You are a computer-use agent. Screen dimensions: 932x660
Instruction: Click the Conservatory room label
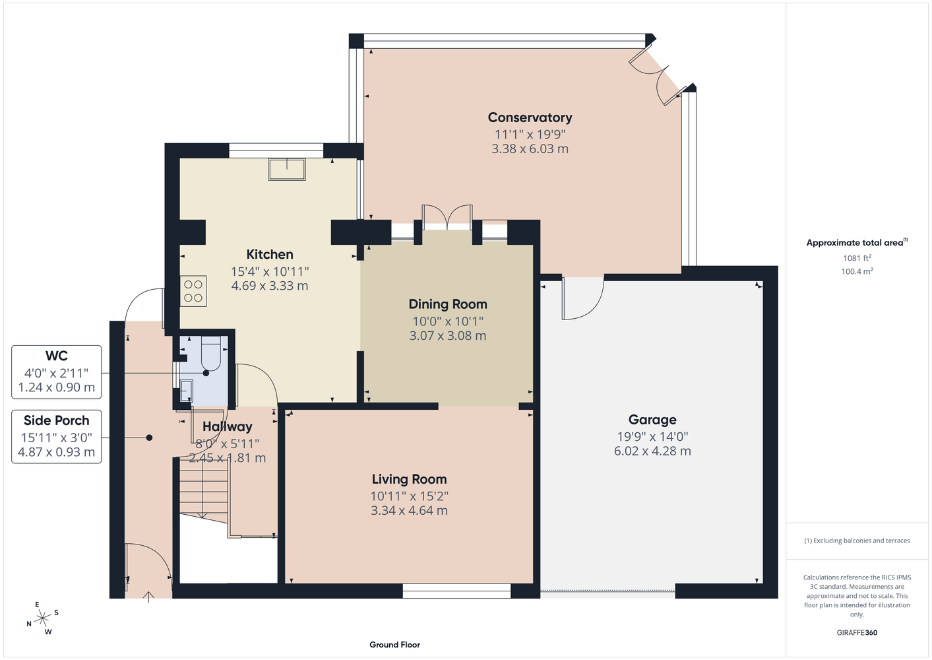pos(530,117)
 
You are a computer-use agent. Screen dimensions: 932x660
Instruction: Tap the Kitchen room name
pos(270,254)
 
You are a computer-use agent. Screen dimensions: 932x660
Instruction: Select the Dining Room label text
pos(448,304)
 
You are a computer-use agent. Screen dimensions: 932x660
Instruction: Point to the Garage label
pos(652,419)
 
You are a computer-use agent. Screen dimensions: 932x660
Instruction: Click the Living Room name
pos(410,479)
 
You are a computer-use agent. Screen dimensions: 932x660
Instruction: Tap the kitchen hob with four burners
pos(193,291)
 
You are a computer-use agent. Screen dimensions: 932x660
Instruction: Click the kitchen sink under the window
pos(287,169)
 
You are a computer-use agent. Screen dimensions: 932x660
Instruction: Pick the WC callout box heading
pos(57,356)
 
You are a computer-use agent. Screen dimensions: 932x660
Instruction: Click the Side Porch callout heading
pos(57,420)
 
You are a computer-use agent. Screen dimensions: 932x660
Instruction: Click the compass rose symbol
pos(42,618)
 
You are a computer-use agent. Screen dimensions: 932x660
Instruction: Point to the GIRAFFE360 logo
pos(857,632)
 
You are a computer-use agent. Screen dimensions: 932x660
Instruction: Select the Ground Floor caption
pos(395,645)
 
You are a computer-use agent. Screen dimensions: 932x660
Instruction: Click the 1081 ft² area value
pos(857,258)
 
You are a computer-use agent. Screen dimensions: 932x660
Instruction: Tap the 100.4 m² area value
pos(857,271)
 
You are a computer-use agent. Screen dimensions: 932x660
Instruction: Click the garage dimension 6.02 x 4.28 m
pos(652,451)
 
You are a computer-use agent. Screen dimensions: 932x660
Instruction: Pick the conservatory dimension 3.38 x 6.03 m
pos(530,148)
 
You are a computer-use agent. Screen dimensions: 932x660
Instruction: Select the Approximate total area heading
pos(857,242)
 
